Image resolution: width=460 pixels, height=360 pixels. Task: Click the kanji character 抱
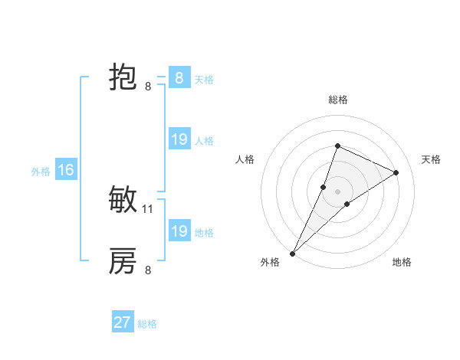coord(123,78)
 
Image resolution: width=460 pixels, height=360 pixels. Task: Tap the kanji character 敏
coord(123,201)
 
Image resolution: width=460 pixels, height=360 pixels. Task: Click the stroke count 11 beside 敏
coord(148,208)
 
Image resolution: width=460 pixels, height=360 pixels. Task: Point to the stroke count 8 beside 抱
coord(148,87)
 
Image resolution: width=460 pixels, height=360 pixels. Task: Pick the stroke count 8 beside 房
coord(148,270)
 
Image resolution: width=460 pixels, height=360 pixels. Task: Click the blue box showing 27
coord(123,322)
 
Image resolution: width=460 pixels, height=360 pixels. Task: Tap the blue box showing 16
coord(66,171)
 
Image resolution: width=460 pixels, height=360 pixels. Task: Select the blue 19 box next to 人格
coord(179,139)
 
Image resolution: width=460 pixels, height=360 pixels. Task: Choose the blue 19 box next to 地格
coord(179,231)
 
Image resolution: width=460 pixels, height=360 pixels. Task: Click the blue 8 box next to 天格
coord(179,78)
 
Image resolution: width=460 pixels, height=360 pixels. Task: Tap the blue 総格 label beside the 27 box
coord(148,324)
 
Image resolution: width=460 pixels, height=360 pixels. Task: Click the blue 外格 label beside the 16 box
coord(41,172)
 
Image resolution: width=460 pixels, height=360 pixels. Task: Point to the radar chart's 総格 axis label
coord(338,100)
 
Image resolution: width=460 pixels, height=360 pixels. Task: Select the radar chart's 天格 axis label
coord(431,159)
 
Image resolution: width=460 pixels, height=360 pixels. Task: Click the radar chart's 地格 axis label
coord(402,262)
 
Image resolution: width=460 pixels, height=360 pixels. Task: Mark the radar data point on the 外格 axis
coord(293,253)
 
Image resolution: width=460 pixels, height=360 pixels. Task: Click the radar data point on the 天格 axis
coord(396,172)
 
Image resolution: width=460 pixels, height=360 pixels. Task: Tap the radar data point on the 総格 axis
coord(337,146)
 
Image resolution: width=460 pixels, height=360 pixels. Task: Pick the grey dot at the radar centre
coord(337,191)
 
